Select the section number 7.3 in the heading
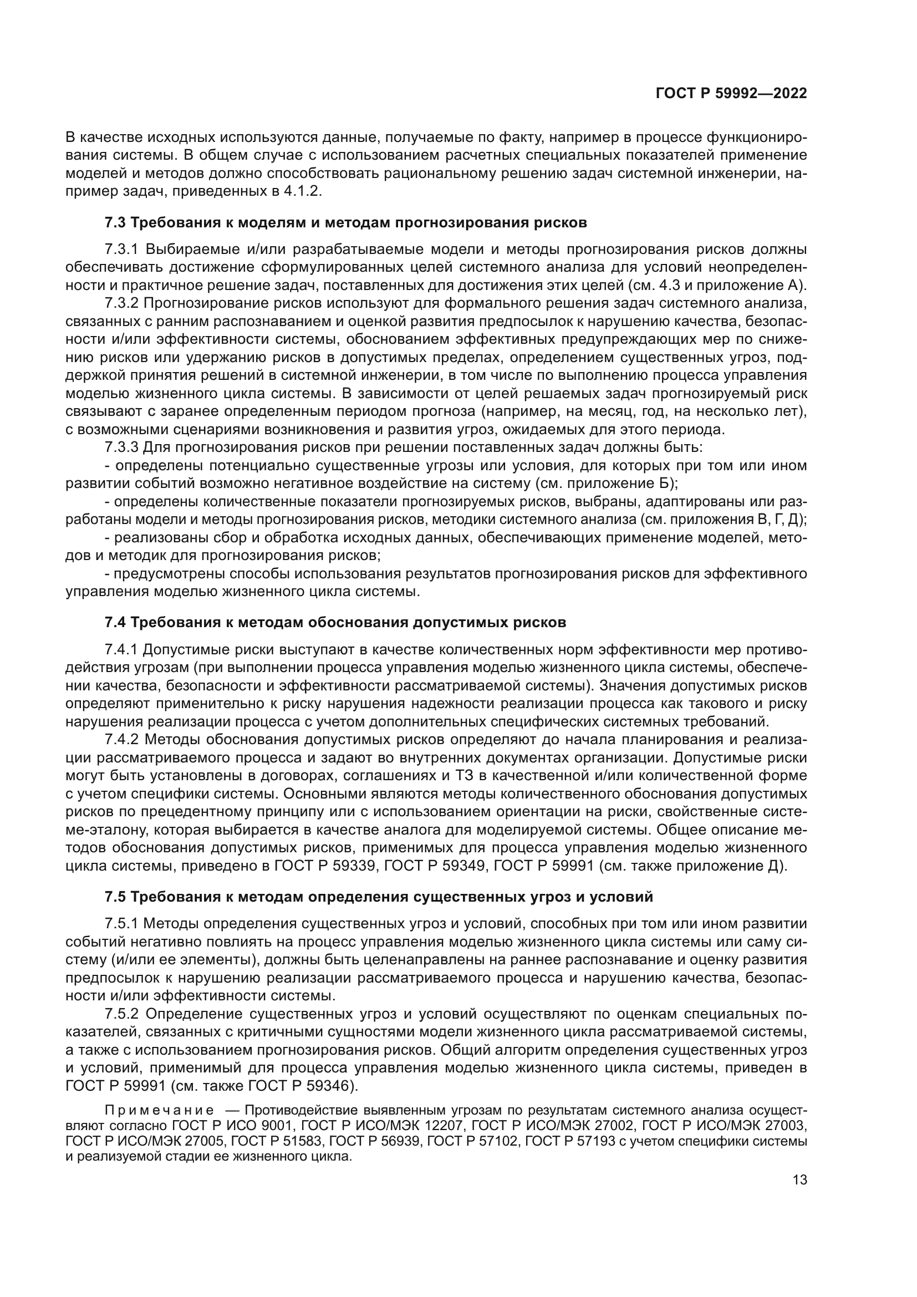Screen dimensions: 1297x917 (x=115, y=222)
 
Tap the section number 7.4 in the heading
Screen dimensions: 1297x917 (x=115, y=623)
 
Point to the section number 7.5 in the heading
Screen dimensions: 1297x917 (x=115, y=897)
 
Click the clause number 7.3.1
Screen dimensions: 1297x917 (x=121, y=250)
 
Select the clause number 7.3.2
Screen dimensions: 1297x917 (x=121, y=303)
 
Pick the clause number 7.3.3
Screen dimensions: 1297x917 (x=121, y=448)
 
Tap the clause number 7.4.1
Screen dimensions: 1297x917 (x=121, y=650)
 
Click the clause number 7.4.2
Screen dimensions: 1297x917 (x=121, y=740)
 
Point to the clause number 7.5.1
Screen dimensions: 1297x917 (x=121, y=924)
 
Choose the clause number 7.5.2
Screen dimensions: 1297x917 (x=121, y=1015)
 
